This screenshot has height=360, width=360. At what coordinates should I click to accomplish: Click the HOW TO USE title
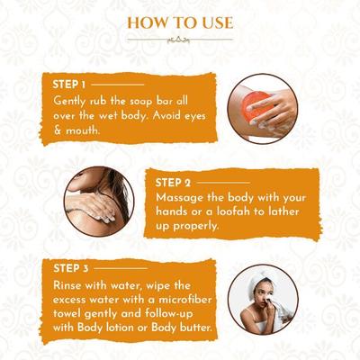point(180,22)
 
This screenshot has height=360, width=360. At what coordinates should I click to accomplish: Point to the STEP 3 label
point(72,267)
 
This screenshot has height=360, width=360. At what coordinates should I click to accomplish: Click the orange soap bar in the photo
point(255,106)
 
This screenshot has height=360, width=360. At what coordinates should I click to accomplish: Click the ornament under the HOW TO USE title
point(180,40)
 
